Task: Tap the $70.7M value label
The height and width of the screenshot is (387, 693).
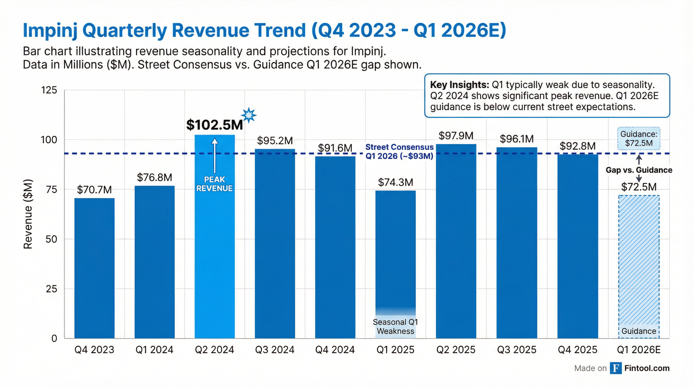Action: click(94, 190)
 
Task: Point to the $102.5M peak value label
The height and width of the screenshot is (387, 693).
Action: click(214, 125)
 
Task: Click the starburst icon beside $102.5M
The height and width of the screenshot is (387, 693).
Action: click(249, 115)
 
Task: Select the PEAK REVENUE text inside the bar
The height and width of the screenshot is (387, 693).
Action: click(214, 184)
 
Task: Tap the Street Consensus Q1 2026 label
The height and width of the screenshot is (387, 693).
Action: click(399, 151)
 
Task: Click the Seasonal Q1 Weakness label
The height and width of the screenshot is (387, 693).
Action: click(395, 327)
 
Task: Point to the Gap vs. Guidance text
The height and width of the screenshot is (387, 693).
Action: click(639, 170)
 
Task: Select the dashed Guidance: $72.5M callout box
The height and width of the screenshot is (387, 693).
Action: click(639, 138)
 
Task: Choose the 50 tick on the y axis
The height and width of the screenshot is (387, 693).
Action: click(51, 239)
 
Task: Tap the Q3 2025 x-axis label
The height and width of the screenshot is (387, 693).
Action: click(516, 350)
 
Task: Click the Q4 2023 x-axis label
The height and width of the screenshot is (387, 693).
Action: click(94, 350)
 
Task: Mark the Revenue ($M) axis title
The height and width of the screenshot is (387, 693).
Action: click(28, 214)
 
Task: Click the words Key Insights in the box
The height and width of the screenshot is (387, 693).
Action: click(459, 85)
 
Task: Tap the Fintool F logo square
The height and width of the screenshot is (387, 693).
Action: click(615, 368)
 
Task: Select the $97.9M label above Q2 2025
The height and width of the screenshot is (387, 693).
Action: click(456, 136)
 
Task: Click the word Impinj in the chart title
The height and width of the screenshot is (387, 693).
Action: click(50, 31)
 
